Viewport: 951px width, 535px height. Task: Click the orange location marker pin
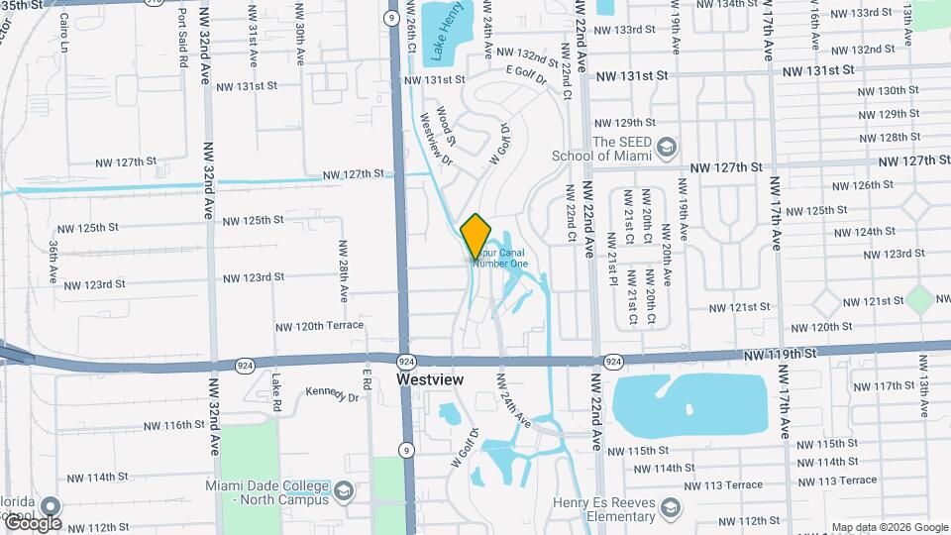(x=475, y=235)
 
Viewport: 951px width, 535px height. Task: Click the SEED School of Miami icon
(x=666, y=145)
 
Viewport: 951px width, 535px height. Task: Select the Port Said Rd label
(x=183, y=39)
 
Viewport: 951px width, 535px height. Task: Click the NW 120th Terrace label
(x=320, y=325)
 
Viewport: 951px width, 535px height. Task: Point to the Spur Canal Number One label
(x=501, y=258)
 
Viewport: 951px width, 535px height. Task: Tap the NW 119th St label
(x=783, y=353)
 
